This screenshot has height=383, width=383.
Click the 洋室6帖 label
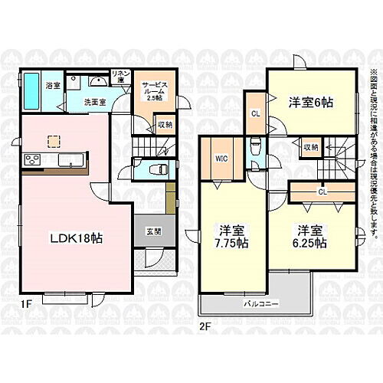(x=310, y=102)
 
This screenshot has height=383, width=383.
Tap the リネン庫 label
(x=119, y=77)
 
